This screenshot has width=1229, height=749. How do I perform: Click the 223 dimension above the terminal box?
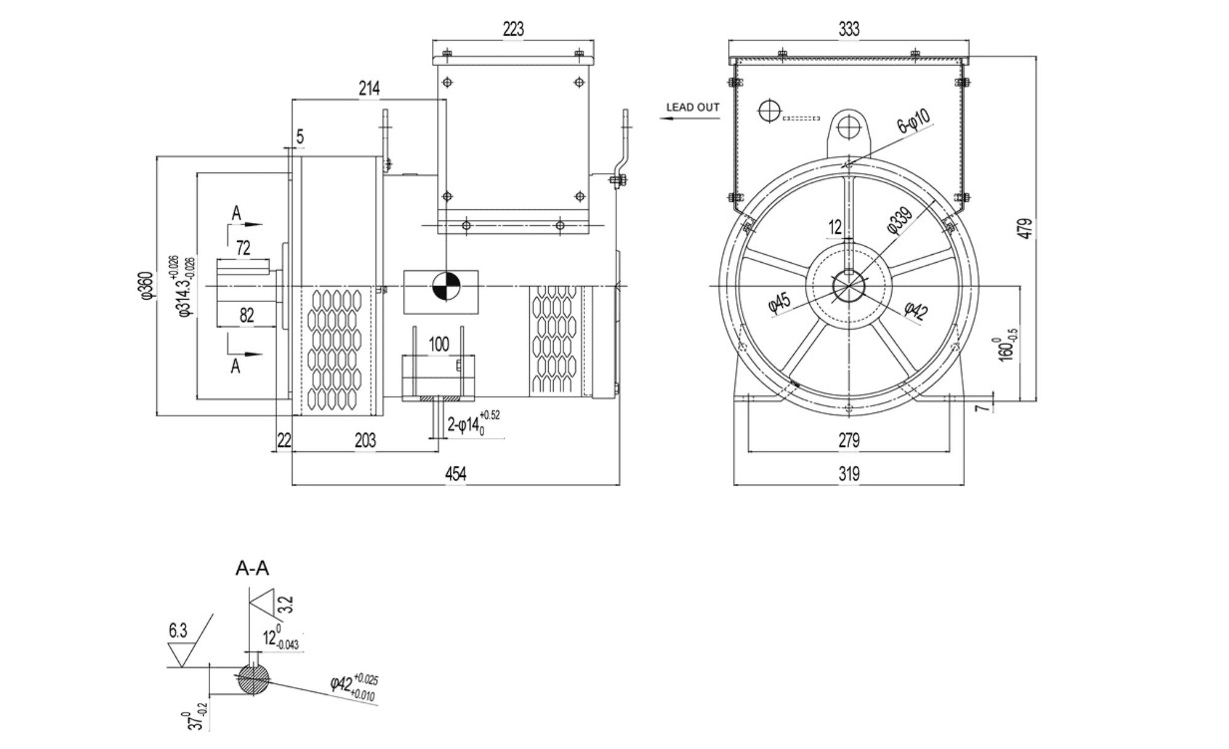point(513,29)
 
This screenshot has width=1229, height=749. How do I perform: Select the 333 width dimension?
point(849,29)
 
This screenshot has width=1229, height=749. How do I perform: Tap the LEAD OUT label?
point(693,107)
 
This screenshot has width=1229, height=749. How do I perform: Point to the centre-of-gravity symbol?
point(446,287)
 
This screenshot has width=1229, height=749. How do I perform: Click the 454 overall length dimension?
point(455,474)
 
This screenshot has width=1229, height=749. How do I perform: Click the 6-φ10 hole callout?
point(914,121)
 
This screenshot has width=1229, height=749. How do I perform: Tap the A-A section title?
point(252,569)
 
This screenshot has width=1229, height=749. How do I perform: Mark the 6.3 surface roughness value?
point(178,631)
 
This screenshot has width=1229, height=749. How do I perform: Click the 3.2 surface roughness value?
point(286,604)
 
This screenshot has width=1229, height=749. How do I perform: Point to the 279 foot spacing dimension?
point(849,440)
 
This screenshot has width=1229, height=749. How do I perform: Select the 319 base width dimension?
point(849,474)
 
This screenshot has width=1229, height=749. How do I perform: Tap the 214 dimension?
point(369,88)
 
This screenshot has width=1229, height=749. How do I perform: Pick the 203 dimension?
point(365,441)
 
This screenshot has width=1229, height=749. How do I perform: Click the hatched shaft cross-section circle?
point(253,680)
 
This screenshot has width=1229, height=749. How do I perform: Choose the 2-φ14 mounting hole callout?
point(472,424)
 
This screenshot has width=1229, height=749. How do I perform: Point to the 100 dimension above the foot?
point(438,344)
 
